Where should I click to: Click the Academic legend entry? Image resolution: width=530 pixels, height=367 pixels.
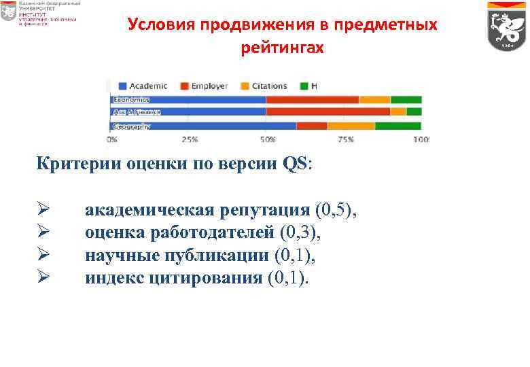pos(143,86)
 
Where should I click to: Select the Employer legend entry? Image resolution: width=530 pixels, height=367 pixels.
pos(205,86)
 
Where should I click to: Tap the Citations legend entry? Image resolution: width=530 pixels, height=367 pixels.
pos(264,86)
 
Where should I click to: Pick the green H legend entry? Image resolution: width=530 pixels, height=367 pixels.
pos(309,86)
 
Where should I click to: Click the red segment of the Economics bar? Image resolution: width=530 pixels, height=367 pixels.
pos(312,100)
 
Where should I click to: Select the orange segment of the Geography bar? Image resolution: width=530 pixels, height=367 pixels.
pos(351,126)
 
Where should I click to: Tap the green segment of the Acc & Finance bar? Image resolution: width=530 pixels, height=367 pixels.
pos(414,111)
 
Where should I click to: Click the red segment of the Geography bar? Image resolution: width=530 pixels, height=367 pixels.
pos(312,126)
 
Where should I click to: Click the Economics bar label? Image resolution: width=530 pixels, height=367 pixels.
pos(131,100)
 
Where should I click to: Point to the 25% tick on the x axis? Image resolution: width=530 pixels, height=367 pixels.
pos(190,139)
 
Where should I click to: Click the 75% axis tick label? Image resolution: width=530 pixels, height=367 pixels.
pos(346,139)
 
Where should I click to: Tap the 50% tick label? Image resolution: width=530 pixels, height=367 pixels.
pos(268,139)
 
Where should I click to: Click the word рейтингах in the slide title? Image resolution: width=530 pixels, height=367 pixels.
pos(282,49)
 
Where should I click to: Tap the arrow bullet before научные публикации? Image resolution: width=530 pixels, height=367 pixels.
pos(43,256)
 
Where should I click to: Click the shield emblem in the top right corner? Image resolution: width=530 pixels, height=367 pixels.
pos(507,26)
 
